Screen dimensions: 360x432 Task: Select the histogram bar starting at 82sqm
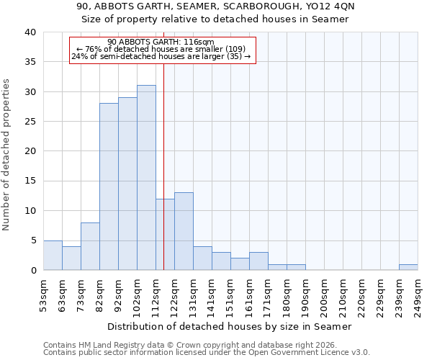109,186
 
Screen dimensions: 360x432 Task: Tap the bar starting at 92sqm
127,184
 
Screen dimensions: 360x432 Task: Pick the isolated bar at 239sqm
408,267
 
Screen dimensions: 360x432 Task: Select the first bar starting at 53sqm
53,256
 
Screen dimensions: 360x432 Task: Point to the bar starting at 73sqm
90,246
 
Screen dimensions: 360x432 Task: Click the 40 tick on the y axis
30,32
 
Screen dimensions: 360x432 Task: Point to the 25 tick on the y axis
30,122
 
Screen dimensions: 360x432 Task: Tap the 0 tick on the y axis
33,271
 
